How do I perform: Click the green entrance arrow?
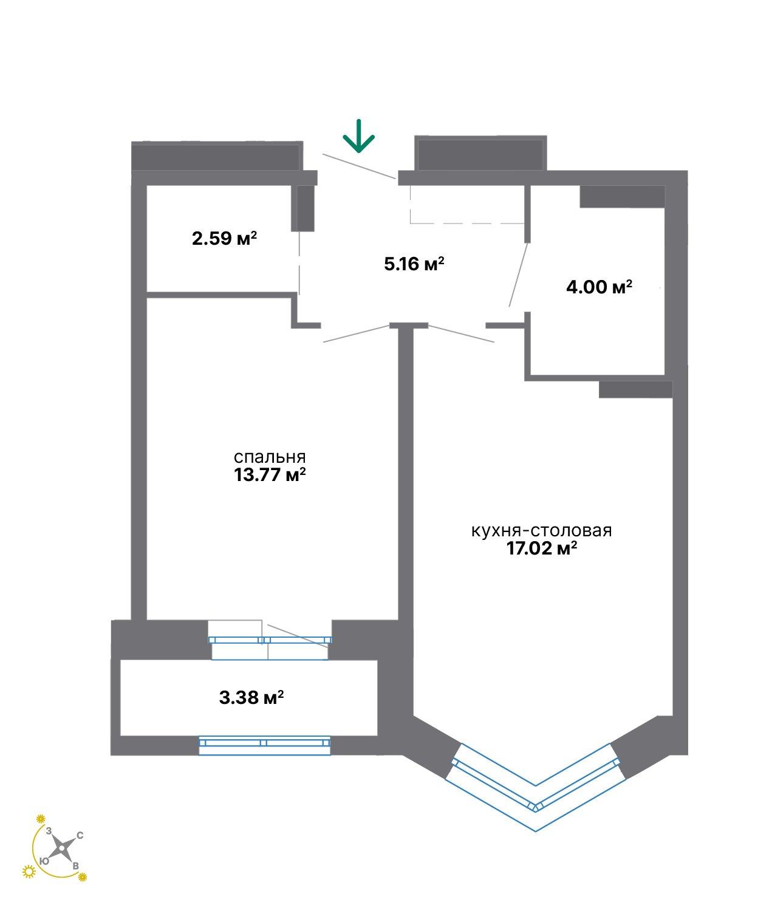tap(358, 136)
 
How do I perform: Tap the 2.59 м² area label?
tap(224, 239)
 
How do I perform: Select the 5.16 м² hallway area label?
tap(414, 264)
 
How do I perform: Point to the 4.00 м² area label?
tap(599, 287)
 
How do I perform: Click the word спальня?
tap(269, 457)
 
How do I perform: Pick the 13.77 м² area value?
tap(269, 475)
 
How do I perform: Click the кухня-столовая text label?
tap(541, 531)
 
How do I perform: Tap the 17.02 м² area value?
tap(541, 548)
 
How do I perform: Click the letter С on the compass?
tap(80, 836)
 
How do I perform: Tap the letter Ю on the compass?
tap(44, 861)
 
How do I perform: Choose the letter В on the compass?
tap(75, 866)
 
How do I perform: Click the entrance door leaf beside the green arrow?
tap(359, 166)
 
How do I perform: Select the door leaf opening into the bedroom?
tap(357, 333)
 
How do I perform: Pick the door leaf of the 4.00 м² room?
tap(518, 275)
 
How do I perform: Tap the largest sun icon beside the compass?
tap(29, 871)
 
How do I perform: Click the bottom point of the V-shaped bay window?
tap(536, 831)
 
